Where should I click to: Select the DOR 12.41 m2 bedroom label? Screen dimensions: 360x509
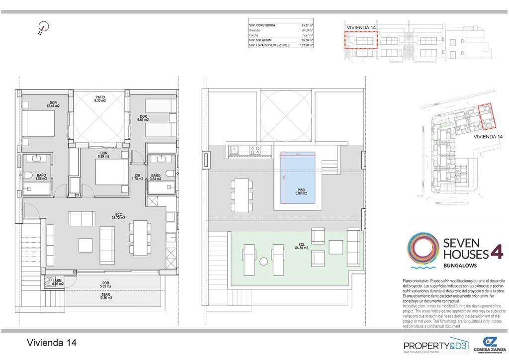[53, 104]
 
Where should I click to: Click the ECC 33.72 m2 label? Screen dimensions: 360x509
[118, 216]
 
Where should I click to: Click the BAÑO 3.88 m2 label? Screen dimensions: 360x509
[41, 177]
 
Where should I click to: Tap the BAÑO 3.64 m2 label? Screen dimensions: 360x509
[156, 177]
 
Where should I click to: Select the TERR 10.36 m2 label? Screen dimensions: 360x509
[105, 297]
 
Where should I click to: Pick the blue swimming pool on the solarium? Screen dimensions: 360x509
[297, 177]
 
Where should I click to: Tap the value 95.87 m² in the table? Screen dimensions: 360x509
[307, 25]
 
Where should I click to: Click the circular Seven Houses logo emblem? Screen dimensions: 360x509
[423, 248]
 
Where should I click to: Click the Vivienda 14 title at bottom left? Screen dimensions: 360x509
[52, 343]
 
